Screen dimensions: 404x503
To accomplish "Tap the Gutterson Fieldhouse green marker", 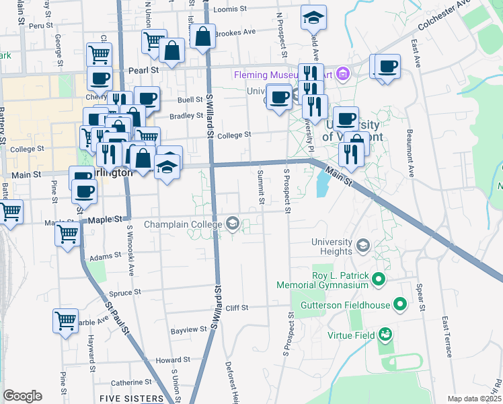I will [x=400, y=306].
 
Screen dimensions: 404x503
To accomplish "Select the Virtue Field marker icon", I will [x=385, y=334].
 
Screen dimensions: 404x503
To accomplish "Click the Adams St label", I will [x=104, y=257].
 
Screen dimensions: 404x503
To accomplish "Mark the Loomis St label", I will [x=231, y=9].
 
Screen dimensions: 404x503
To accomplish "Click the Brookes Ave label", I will [x=235, y=32].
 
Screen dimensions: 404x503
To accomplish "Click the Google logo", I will [x=22, y=396].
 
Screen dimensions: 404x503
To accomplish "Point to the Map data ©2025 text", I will [x=474, y=399].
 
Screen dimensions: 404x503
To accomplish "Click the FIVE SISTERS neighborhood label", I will [x=131, y=399].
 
